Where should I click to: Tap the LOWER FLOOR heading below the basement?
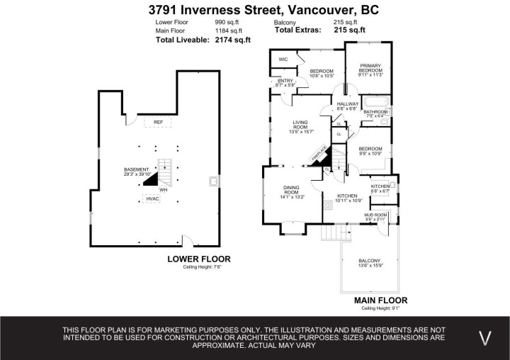pyautogui.click(x=198, y=259)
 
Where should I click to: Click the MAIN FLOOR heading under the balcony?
pyautogui.click(x=380, y=300)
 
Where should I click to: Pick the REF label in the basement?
pyautogui.click(x=158, y=122)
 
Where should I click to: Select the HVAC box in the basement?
pyautogui.click(x=153, y=198)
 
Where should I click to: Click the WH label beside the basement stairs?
pyautogui.click(x=163, y=189)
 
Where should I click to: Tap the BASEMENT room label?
pyautogui.click(x=136, y=170)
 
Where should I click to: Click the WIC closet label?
pyautogui.click(x=283, y=60)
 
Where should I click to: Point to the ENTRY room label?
pyautogui.click(x=285, y=81)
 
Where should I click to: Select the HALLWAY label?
pyautogui.click(x=348, y=104)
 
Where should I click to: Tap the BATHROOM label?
pyautogui.click(x=375, y=112)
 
